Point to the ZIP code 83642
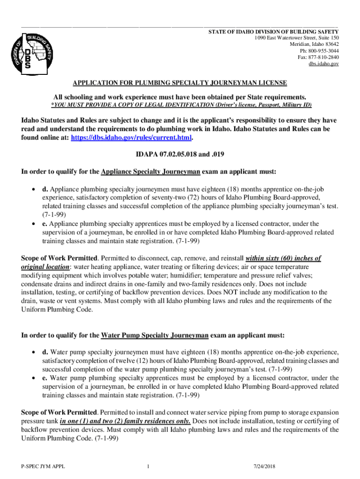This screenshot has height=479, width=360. coord(330,44)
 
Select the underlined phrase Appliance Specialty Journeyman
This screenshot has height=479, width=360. coord(151,172)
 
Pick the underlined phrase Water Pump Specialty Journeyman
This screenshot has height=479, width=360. coord(155,335)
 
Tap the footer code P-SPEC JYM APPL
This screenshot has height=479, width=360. coord(40,466)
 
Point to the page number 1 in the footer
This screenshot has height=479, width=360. coord(147,466)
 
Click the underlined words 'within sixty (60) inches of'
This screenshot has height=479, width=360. coord(283,258)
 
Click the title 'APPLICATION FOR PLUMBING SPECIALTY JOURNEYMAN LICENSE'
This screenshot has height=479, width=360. coord(180,83)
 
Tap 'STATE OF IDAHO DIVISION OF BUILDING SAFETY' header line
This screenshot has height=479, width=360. coord(274,31)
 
